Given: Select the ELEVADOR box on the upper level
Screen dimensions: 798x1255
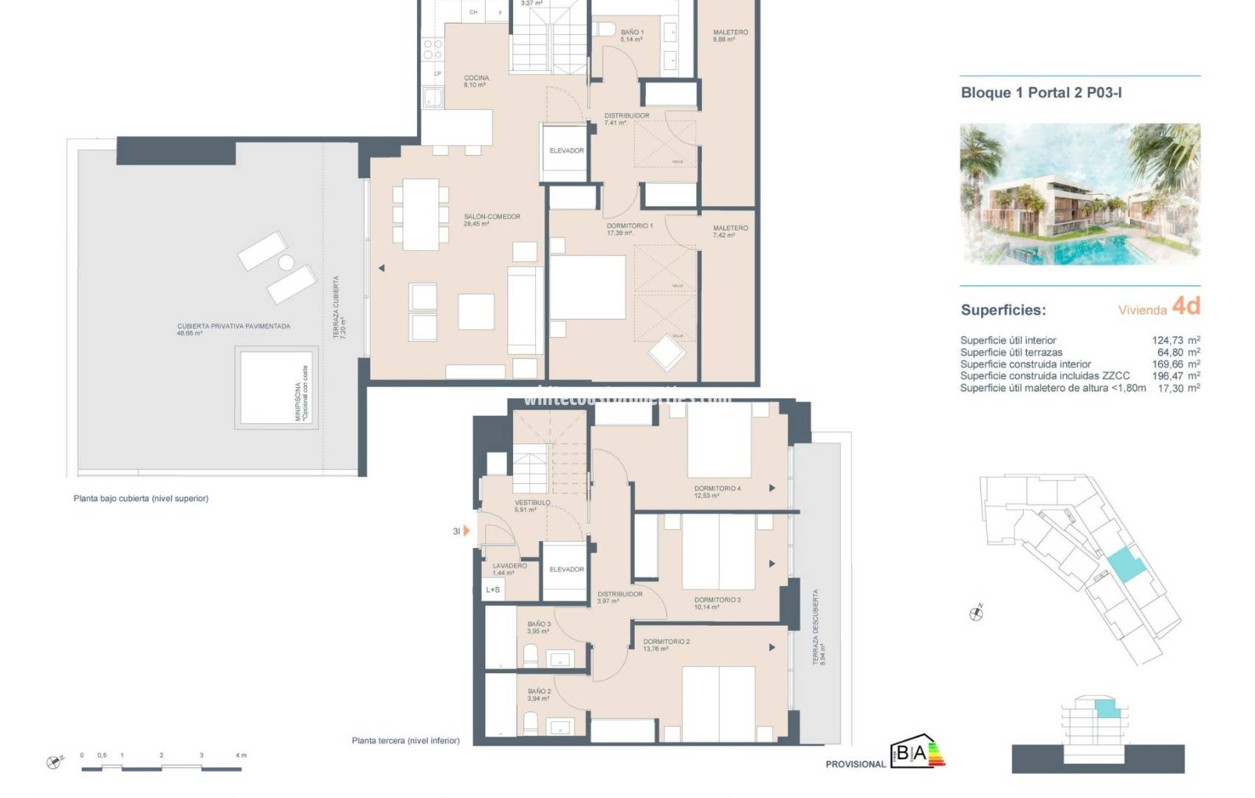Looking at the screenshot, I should pyautogui.click(x=566, y=151).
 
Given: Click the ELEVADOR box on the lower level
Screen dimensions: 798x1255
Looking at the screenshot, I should pyautogui.click(x=566, y=570).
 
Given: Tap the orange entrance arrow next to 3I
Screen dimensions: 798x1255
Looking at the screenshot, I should pyautogui.click(x=467, y=531).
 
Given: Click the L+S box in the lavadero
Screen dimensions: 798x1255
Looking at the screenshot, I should pyautogui.click(x=492, y=590).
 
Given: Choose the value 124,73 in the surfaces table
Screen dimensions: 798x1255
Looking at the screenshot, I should pyautogui.click(x=1166, y=341).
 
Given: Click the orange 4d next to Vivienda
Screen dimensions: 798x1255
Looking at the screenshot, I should pyautogui.click(x=1186, y=306).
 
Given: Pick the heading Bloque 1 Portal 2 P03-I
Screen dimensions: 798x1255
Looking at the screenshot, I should pyautogui.click(x=1041, y=93).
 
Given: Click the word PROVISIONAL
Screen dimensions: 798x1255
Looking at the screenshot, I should pyautogui.click(x=855, y=764).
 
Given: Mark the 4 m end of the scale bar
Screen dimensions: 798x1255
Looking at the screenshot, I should pyautogui.click(x=241, y=756).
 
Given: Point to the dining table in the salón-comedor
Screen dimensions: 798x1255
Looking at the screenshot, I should pyautogui.click(x=421, y=214).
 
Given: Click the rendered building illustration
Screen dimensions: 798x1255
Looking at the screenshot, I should pyautogui.click(x=1079, y=194).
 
